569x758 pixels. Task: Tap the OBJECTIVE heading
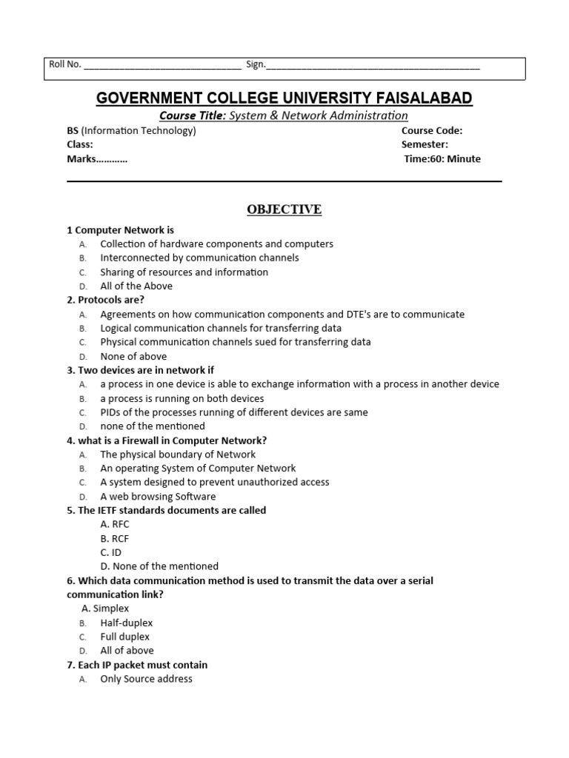click(x=284, y=209)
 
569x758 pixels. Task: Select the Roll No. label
click(x=65, y=64)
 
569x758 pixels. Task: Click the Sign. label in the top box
click(x=256, y=64)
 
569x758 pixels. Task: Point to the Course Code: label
click(x=432, y=130)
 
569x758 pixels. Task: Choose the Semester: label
click(x=425, y=144)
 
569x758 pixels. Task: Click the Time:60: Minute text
click(x=442, y=158)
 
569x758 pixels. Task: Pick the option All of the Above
click(x=136, y=286)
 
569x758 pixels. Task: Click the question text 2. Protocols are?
click(x=105, y=300)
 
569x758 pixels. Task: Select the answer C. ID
click(x=111, y=552)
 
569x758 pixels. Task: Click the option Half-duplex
click(x=127, y=623)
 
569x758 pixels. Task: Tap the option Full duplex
click(x=125, y=637)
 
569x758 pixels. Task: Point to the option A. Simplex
click(x=105, y=608)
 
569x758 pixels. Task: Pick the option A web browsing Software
click(x=158, y=496)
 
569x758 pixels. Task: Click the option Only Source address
click(x=146, y=679)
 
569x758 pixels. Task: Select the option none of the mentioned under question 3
click(x=153, y=426)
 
